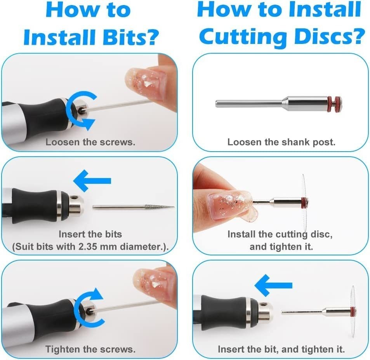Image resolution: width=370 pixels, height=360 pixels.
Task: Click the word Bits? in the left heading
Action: pyautogui.click(x=130, y=37)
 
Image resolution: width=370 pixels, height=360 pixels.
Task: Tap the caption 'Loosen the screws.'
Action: pyautogui.click(x=90, y=142)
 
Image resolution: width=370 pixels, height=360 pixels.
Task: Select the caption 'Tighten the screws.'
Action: pyautogui.click(x=90, y=349)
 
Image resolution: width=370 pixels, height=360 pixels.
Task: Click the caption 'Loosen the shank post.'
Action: pyautogui.click(x=281, y=142)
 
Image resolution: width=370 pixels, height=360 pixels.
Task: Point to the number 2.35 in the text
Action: pyautogui.click(x=88, y=246)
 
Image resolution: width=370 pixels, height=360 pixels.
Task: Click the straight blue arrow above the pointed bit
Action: pyautogui.click(x=92, y=181)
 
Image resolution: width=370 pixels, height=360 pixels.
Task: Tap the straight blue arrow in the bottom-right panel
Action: pyautogui.click(x=273, y=285)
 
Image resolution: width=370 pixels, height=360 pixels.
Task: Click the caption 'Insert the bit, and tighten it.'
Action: pyautogui.click(x=281, y=349)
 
